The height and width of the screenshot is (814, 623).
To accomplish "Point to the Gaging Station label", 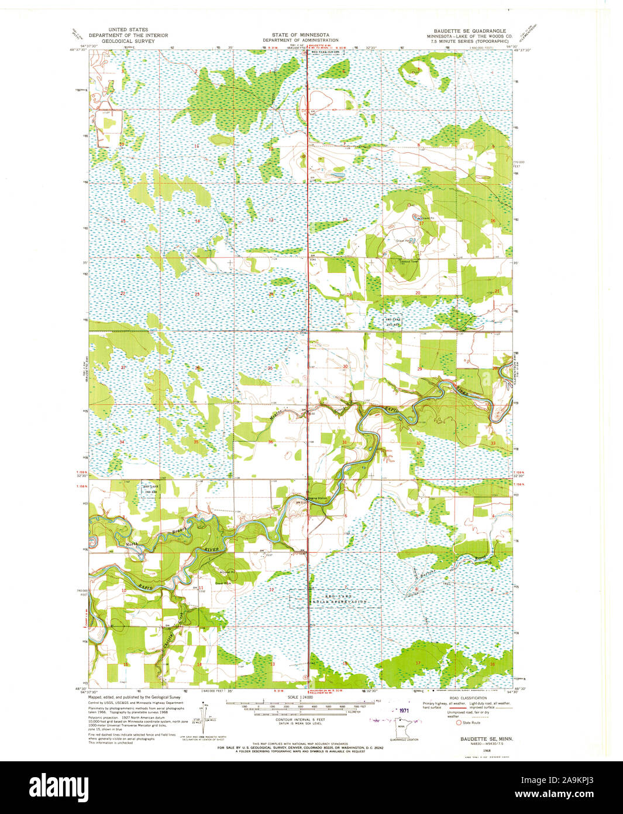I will pyautogui.click(x=302, y=498).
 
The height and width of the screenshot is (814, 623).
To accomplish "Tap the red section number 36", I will pyautogui.click(x=271, y=442).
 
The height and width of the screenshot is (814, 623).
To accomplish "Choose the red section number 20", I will pyautogui.click(x=418, y=292).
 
